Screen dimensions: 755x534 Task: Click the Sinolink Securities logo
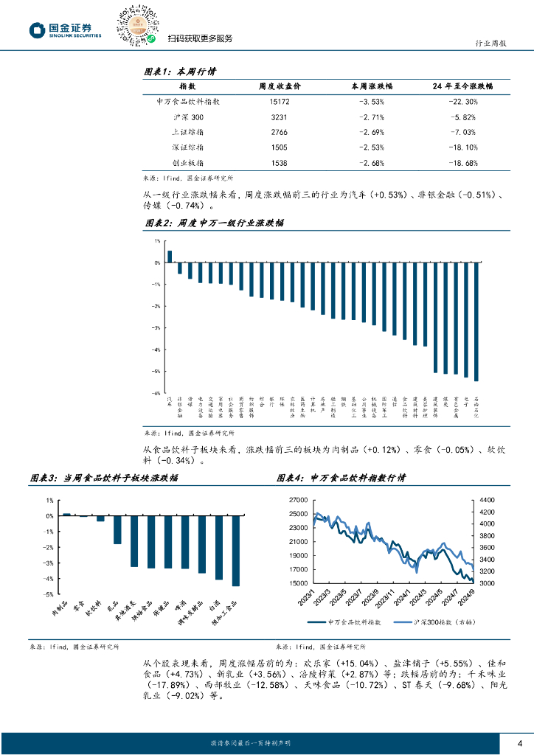point(66,29)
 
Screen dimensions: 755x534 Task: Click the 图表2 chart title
point(213,222)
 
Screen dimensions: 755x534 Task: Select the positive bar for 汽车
point(170,257)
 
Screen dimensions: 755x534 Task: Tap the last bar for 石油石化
point(476,321)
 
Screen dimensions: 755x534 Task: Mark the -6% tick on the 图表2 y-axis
point(156,394)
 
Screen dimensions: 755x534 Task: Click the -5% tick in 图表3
point(48,594)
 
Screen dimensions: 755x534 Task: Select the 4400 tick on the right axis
point(488,500)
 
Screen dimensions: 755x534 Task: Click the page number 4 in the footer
point(520,742)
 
